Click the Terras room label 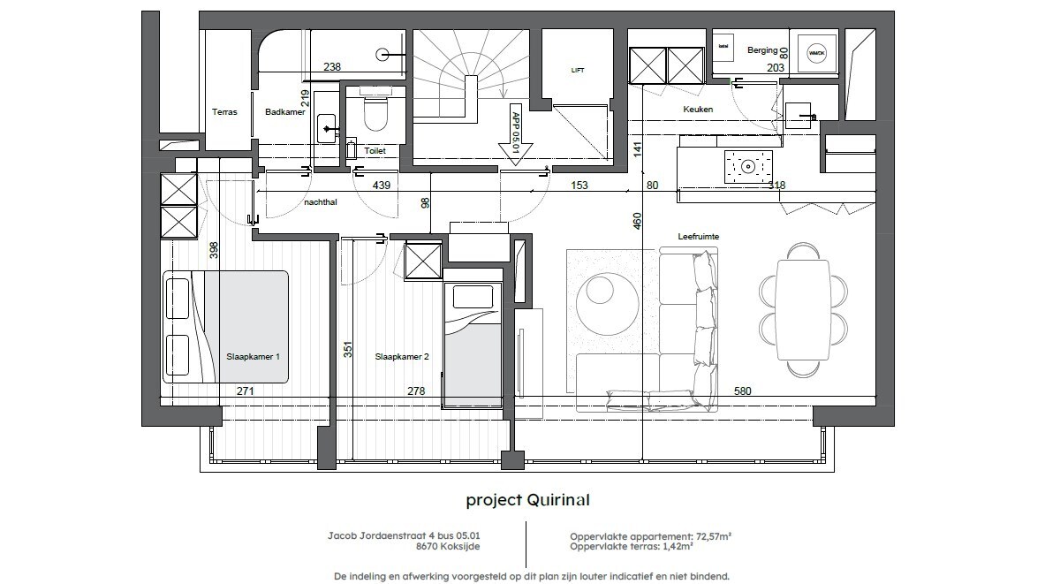pyautogui.click(x=224, y=112)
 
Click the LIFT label pyautogui.click(x=578, y=71)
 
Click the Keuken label pyautogui.click(x=698, y=110)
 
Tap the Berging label pyautogui.click(x=761, y=50)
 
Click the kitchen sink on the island pyautogui.click(x=748, y=164)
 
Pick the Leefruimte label pyautogui.click(x=698, y=236)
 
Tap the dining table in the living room pyautogui.click(x=803, y=310)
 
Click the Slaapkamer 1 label pyautogui.click(x=253, y=357)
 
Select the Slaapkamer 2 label pyautogui.click(x=402, y=357)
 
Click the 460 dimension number pyautogui.click(x=638, y=220)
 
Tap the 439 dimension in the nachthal pyautogui.click(x=382, y=186)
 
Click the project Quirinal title pyautogui.click(x=527, y=500)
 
